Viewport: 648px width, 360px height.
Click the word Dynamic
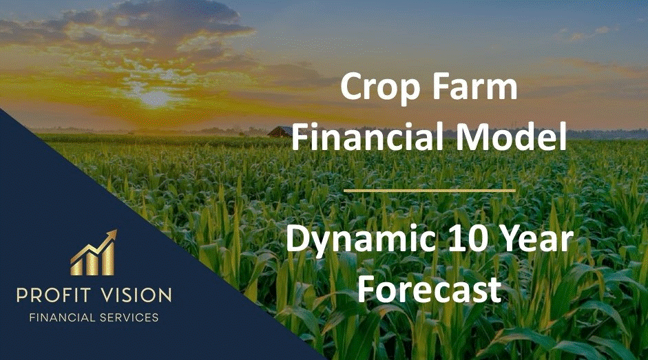click(x=361, y=240)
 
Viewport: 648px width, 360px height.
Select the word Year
click(x=536, y=240)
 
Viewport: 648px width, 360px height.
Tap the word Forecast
click(x=430, y=288)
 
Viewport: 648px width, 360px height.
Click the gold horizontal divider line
click(x=430, y=191)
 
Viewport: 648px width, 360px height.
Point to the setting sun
click(x=155, y=98)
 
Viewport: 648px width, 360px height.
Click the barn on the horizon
click(x=280, y=132)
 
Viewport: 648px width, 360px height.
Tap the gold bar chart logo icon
click(x=94, y=253)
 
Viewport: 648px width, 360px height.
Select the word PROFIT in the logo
click(x=53, y=295)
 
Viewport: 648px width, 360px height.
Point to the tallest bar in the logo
click(x=108, y=259)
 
